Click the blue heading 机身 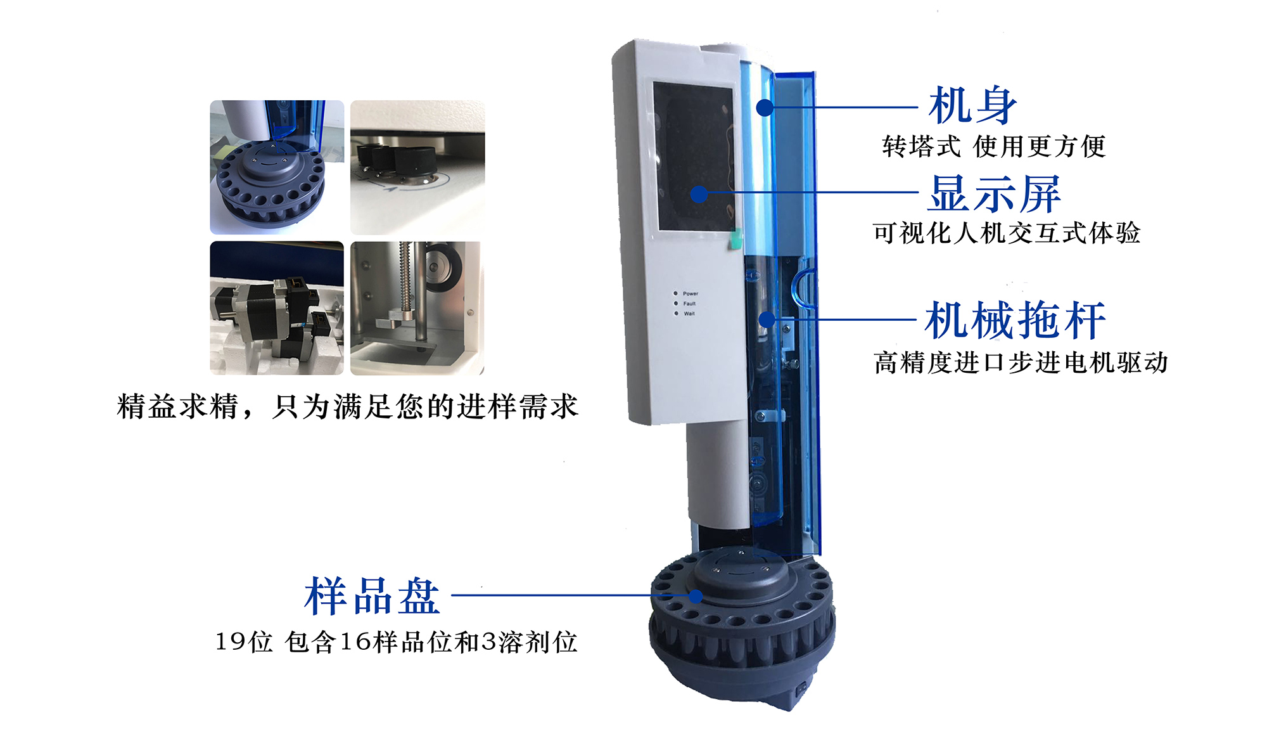pyautogui.click(x=972, y=105)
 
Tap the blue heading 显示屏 pyautogui.click(x=994, y=193)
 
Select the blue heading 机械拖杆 pyautogui.click(x=1015, y=320)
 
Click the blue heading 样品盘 pyautogui.click(x=372, y=597)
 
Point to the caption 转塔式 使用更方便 pyautogui.click(x=993, y=146)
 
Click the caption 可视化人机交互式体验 pyautogui.click(x=1006, y=233)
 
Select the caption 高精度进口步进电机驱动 pyautogui.click(x=1021, y=363)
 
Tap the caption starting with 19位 pyautogui.click(x=396, y=642)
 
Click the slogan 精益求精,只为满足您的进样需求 pyautogui.click(x=348, y=406)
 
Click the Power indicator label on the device pyautogui.click(x=690, y=294)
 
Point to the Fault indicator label pyautogui.click(x=689, y=304)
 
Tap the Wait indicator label pyautogui.click(x=689, y=314)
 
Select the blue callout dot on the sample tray pyautogui.click(x=696, y=597)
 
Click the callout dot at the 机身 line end pyautogui.click(x=765, y=107)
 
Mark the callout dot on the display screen pyautogui.click(x=699, y=194)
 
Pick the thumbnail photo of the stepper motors pyautogui.click(x=277, y=308)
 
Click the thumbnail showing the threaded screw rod pyautogui.click(x=417, y=308)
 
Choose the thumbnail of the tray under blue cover pyautogui.click(x=277, y=167)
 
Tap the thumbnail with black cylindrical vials pyautogui.click(x=417, y=167)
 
